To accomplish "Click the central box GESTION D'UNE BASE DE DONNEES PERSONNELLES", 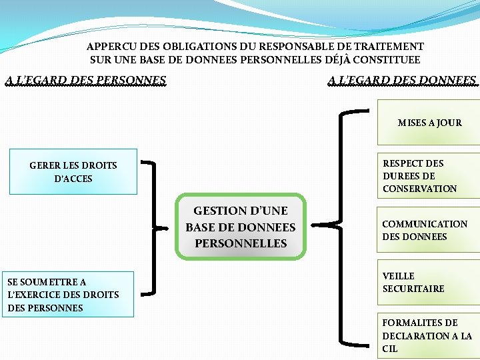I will tap(240, 227).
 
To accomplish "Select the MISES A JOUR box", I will tap(429, 123).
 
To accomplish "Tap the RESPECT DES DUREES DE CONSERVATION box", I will tap(429, 176).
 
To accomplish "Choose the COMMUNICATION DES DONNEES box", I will tap(429, 230).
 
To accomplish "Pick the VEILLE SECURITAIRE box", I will tap(429, 283).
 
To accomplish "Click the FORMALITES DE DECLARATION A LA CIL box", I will tap(429, 335).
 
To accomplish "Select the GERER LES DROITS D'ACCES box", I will tap(73, 172).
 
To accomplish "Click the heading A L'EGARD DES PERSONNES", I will tap(86, 81).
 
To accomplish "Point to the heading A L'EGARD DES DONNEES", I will tap(403, 81).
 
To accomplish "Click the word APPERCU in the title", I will tap(109, 47).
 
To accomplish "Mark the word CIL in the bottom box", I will tap(390, 349).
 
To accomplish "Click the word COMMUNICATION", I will tap(425, 224).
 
